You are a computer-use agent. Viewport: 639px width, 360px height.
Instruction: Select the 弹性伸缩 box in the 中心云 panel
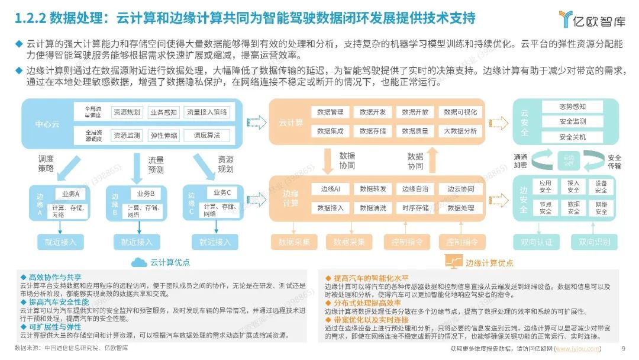pyautogui.click(x=164, y=135)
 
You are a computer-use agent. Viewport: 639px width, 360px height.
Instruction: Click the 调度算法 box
pyautogui.click(x=206, y=135)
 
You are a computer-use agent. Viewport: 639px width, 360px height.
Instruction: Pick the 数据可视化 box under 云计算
pyautogui.click(x=460, y=111)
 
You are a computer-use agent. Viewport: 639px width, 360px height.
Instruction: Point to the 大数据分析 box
pyautogui.click(x=460, y=131)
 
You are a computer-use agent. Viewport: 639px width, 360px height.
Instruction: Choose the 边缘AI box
pyautogui.click(x=330, y=189)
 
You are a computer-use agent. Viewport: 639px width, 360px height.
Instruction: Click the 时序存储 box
pyautogui.click(x=415, y=208)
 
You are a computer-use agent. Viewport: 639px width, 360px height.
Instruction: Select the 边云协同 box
pyautogui.click(x=460, y=189)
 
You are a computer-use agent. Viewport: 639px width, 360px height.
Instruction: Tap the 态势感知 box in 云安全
pyautogui.click(x=572, y=107)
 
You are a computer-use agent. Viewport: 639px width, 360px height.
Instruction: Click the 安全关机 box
pyautogui.click(x=572, y=137)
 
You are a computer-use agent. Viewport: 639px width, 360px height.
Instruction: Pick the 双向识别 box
pyautogui.click(x=594, y=242)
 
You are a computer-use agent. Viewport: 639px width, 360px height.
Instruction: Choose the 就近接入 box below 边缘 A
pyautogui.click(x=61, y=242)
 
